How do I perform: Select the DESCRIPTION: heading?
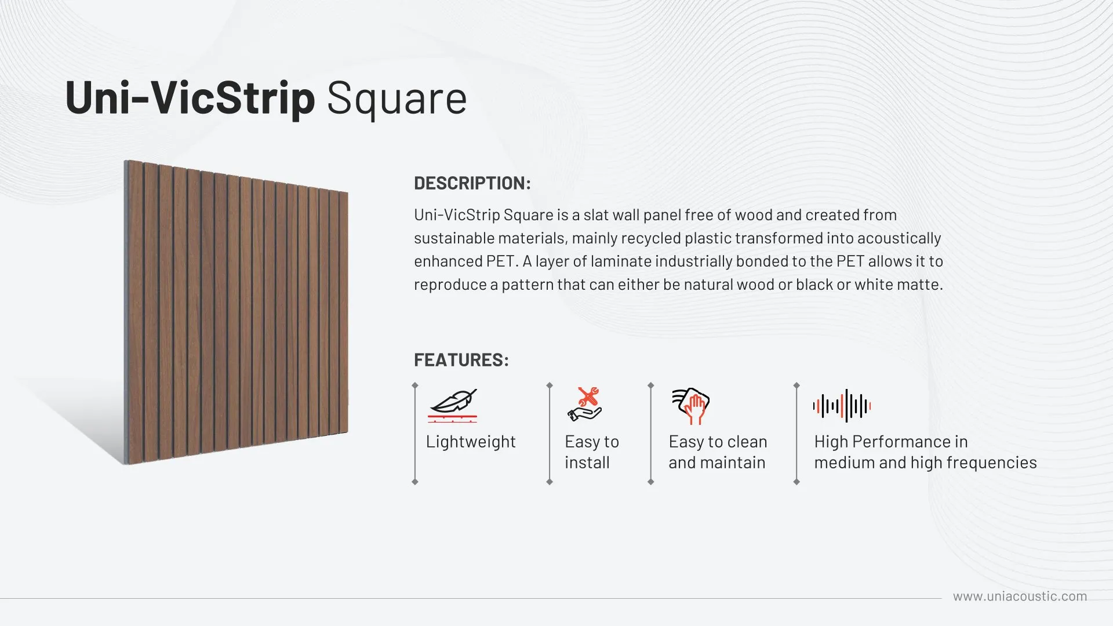472,183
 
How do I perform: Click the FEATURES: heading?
461,360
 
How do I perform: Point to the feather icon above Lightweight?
453,405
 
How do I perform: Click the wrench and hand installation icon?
584,404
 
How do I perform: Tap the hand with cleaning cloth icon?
691,405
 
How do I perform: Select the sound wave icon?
842,406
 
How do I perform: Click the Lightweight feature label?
471,442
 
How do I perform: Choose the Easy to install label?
592,452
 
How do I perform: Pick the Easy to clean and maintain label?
718,452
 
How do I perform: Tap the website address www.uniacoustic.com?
1020,596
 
